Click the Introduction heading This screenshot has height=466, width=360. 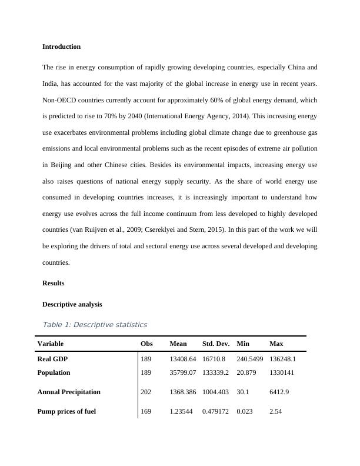(x=62, y=46)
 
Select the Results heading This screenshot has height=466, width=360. (x=54, y=283)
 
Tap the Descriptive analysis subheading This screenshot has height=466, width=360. (x=72, y=304)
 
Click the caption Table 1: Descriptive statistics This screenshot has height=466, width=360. (x=95, y=324)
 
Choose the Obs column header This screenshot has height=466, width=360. (x=146, y=344)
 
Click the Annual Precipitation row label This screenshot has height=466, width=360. (x=69, y=392)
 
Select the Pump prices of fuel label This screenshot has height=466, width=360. (x=66, y=412)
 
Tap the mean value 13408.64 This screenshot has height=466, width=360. (x=183, y=358)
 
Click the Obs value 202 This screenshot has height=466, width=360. (x=146, y=392)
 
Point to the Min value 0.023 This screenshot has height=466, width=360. (x=245, y=412)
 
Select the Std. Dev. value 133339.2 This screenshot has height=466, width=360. (x=216, y=372)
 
